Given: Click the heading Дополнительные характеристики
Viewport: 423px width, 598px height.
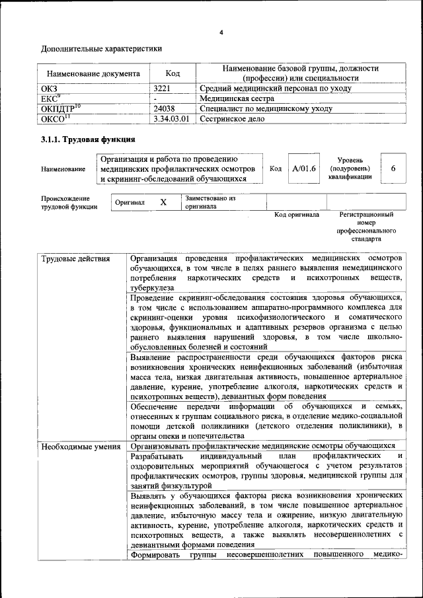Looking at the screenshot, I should point(101,49).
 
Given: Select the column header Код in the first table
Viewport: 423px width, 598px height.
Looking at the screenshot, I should point(173,74).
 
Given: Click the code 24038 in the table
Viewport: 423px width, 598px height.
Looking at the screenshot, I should point(164,108).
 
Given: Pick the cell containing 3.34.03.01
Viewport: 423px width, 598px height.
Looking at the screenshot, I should point(171,119).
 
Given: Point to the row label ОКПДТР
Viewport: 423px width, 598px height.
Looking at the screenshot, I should point(59,108).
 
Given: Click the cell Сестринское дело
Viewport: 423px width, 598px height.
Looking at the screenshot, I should point(232,119).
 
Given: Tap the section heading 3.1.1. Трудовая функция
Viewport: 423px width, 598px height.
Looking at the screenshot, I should point(88,139).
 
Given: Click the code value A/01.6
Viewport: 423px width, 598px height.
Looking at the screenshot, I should point(304,168).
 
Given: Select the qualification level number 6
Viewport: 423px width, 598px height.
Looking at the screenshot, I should point(393,168).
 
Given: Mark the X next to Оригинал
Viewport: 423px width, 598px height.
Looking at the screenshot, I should point(163,202).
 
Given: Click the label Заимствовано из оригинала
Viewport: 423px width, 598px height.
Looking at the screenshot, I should point(210,202).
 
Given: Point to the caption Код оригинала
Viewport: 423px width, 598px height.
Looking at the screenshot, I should point(297,215).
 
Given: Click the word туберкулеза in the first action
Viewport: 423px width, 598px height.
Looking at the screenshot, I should point(153,288).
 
